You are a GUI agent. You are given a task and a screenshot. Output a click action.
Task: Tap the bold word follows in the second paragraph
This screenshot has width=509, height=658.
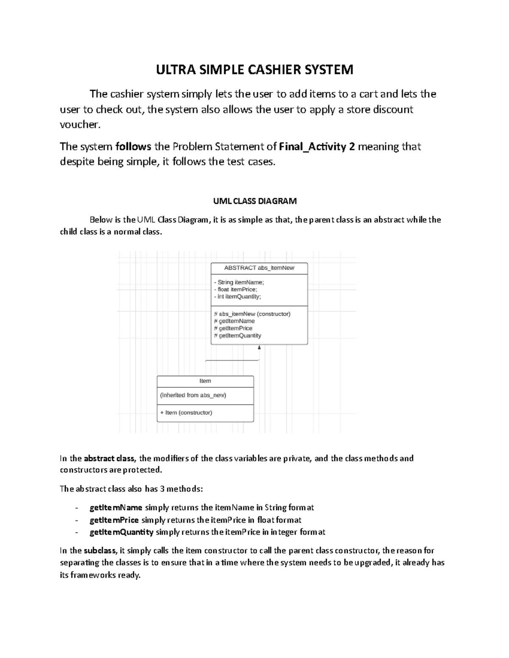(x=133, y=147)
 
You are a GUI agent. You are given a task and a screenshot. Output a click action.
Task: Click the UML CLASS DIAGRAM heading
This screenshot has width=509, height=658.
(x=255, y=201)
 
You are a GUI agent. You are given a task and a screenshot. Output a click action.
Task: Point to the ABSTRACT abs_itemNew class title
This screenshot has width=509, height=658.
(x=259, y=268)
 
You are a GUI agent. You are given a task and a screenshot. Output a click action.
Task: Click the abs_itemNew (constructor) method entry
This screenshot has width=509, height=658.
(x=252, y=314)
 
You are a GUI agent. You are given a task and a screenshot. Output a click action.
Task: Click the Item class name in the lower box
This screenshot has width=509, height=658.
(x=205, y=381)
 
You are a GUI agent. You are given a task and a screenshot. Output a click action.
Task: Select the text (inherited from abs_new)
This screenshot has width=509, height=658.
(x=193, y=395)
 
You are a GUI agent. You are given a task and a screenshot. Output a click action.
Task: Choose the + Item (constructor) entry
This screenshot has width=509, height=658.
(x=186, y=413)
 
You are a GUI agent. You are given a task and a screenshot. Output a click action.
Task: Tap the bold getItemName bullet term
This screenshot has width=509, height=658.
(x=115, y=508)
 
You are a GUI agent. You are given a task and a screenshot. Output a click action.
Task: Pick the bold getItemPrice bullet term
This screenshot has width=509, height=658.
(x=114, y=520)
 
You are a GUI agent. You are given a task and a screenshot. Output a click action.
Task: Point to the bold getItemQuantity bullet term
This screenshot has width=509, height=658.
(x=121, y=532)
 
